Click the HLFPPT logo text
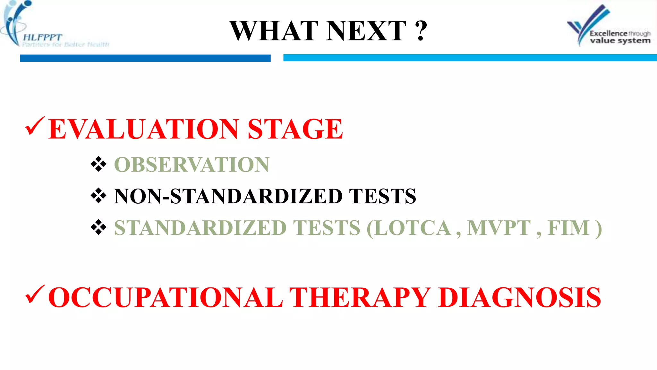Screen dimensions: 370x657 pos(42,38)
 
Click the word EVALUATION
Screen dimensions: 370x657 pos(144,129)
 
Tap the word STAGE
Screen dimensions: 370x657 pos(295,129)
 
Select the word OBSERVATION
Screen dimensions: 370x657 pos(192,165)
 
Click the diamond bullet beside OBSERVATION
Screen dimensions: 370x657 pos(98,164)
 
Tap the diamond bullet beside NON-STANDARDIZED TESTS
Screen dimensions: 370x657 pos(98,196)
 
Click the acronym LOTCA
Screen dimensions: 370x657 pos(413,228)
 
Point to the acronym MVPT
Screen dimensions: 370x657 pos(499,228)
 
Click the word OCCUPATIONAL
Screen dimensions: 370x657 pos(166,297)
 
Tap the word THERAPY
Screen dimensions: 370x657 pos(360,297)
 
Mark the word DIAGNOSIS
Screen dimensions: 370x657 pos(520,297)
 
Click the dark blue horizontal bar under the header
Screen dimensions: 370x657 pos(145,58)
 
